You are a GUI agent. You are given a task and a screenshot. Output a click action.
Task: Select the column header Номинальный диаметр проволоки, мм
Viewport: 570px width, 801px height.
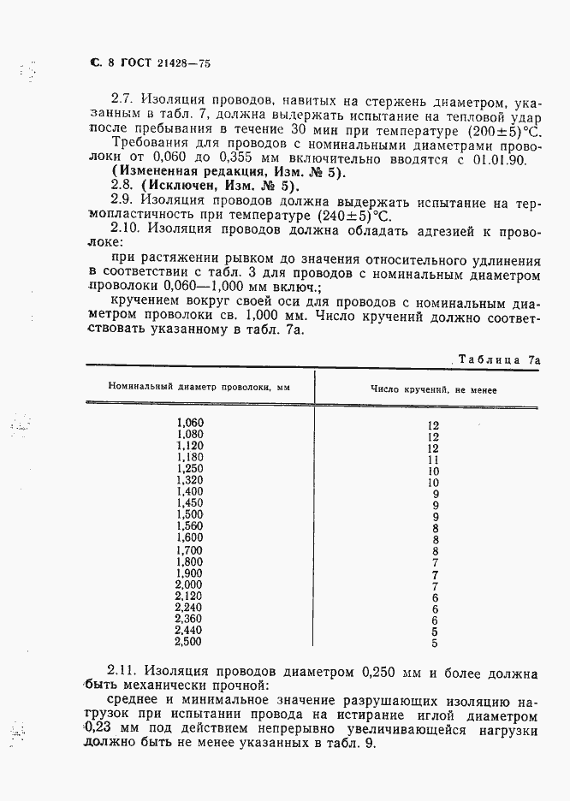click(x=199, y=389)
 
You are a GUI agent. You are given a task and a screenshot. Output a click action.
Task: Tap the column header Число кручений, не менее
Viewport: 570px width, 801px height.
click(x=434, y=389)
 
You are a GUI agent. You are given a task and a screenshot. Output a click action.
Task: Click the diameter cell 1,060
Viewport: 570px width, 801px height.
click(x=190, y=423)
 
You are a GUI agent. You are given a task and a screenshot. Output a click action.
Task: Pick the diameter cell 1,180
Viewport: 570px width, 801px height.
click(x=190, y=458)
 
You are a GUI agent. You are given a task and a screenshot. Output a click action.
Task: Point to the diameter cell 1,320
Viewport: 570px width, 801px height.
click(x=190, y=481)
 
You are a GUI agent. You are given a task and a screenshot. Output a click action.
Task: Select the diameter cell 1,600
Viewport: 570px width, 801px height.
click(x=190, y=538)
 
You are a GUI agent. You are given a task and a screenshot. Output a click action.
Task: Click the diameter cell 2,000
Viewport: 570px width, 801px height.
click(x=190, y=584)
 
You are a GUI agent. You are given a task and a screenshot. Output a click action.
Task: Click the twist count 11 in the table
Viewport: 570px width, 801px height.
click(x=433, y=460)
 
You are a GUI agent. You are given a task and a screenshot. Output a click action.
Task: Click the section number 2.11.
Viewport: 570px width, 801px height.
click(x=127, y=672)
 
